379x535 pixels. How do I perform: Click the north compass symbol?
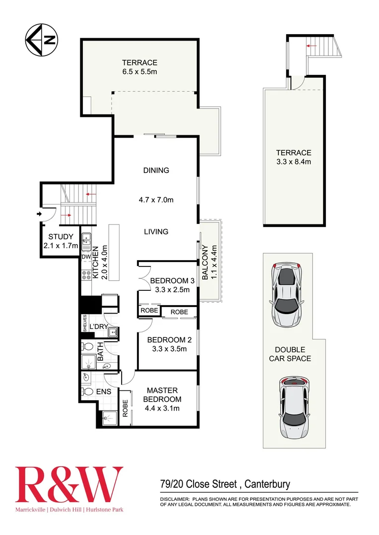(42, 40)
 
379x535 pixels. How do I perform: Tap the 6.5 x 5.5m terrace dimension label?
(140, 72)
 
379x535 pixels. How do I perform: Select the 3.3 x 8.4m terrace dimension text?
(294, 161)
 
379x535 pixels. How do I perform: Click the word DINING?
(156, 170)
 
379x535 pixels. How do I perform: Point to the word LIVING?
(156, 231)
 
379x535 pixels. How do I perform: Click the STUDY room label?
(61, 237)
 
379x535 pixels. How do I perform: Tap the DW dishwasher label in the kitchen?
(86, 257)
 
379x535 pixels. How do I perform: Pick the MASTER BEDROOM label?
(162, 395)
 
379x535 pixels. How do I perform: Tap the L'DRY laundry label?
(98, 326)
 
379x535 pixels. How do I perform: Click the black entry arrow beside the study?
(39, 214)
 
